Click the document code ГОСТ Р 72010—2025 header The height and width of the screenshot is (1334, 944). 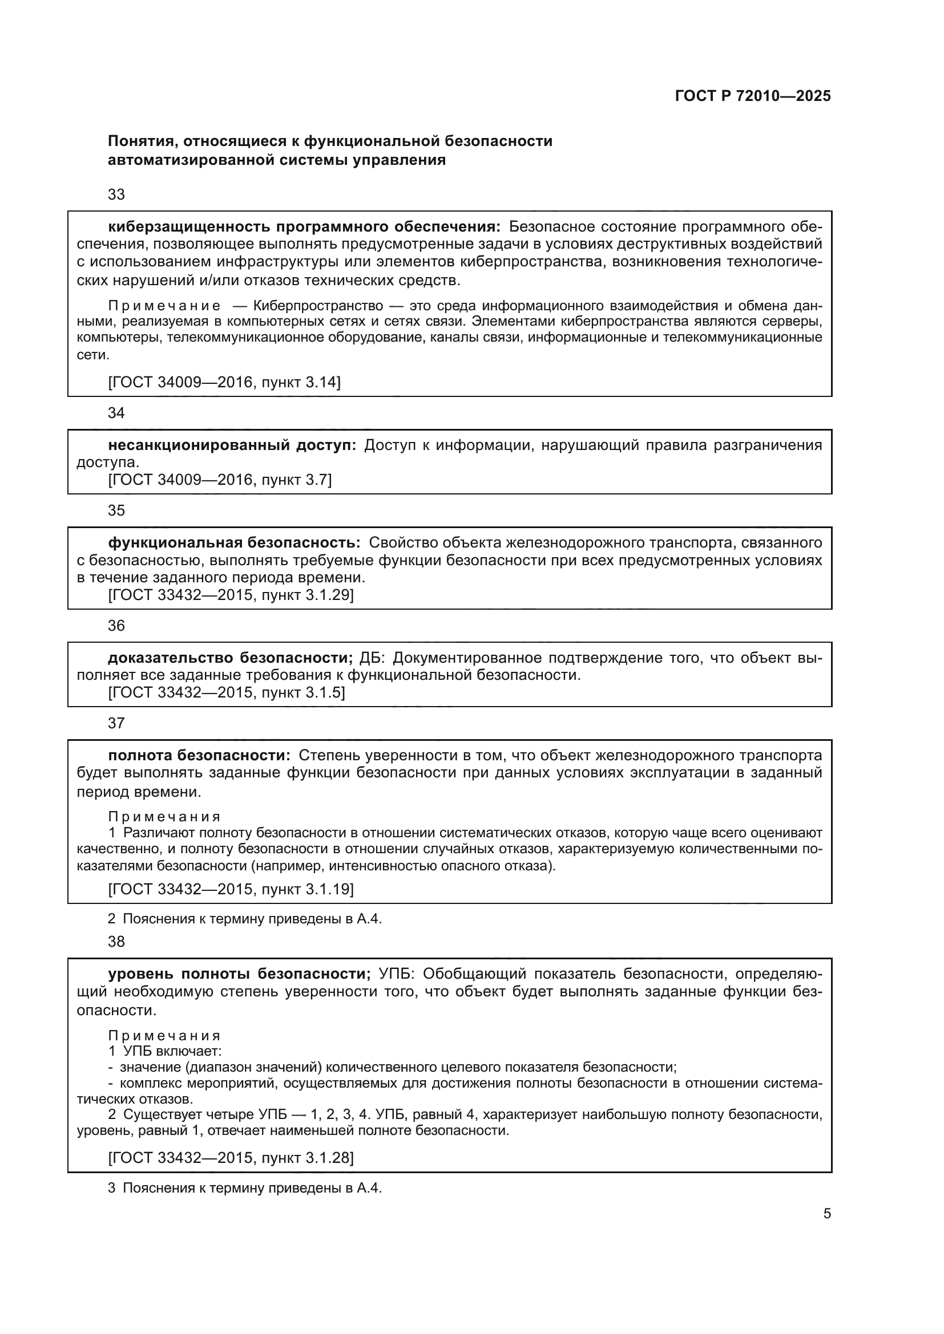click(x=753, y=96)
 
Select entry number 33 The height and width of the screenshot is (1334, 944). click(x=116, y=194)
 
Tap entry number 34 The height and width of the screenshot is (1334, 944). click(x=116, y=413)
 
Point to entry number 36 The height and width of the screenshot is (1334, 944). click(x=116, y=626)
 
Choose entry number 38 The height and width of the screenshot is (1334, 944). click(x=116, y=942)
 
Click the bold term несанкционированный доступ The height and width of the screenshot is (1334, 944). click(x=232, y=445)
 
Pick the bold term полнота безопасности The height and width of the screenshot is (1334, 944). click(x=198, y=755)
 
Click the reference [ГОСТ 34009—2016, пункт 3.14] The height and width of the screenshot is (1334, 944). click(x=224, y=382)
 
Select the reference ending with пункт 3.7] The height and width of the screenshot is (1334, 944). click(x=220, y=480)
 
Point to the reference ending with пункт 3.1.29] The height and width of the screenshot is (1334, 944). click(x=231, y=595)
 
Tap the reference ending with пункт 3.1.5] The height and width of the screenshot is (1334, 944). click(x=226, y=692)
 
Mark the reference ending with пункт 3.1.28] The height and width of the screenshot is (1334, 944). click(x=231, y=1157)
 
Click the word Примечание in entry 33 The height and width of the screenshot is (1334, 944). click(x=164, y=306)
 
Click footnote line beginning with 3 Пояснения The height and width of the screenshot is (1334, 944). click(x=245, y=1188)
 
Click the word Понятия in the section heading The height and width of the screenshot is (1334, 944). click(x=140, y=141)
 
